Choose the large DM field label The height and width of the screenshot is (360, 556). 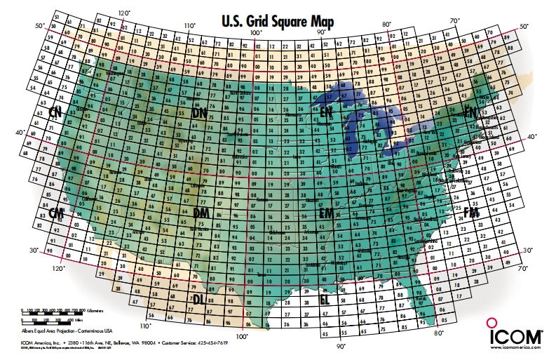pos(199,213)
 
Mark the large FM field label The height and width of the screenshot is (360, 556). pos(471,213)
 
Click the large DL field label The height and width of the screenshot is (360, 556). pos(199,299)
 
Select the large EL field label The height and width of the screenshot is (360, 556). pos(325,300)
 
